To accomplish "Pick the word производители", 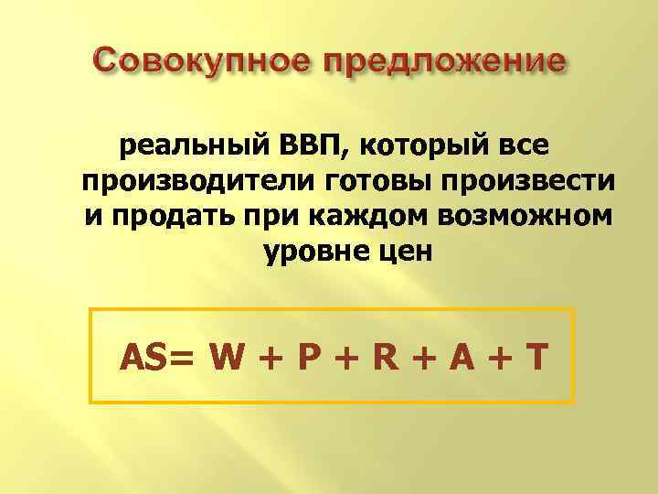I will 196,181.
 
